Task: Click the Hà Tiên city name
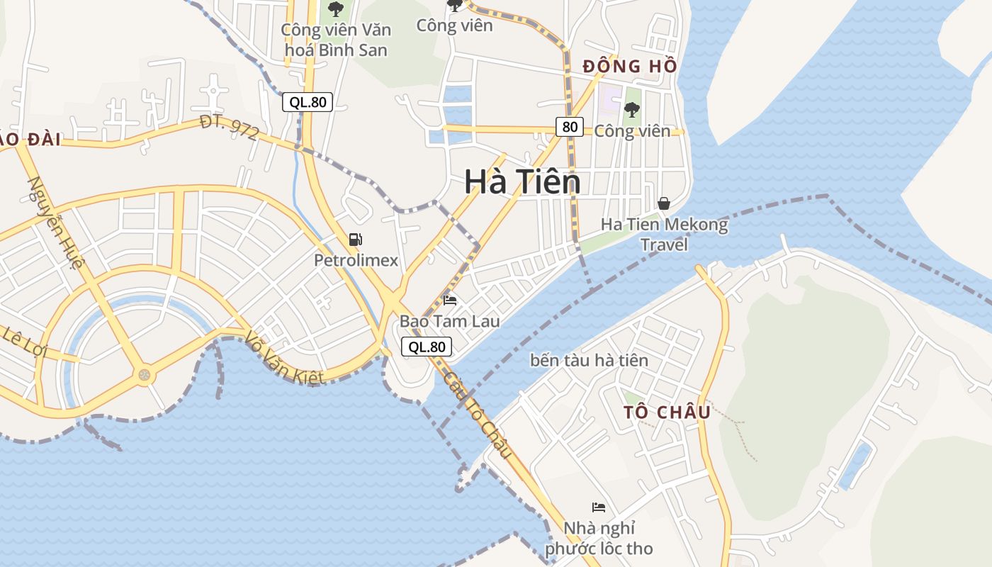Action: coord(522,182)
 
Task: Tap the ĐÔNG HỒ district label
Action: coord(630,67)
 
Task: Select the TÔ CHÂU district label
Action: coord(667,412)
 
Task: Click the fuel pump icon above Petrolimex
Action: coord(356,240)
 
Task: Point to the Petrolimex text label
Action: coord(356,260)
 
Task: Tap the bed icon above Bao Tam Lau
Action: coord(450,301)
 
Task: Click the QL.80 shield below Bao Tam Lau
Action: coord(427,347)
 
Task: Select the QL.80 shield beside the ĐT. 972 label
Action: coord(308,102)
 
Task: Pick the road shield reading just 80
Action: coord(569,127)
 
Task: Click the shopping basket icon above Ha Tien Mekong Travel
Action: coord(664,203)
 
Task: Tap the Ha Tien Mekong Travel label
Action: coord(664,235)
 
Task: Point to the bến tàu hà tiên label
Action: coord(589,360)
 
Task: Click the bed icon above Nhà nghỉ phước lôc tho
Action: coord(599,507)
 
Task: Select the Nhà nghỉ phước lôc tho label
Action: coord(599,538)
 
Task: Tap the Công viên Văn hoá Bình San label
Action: coord(335,40)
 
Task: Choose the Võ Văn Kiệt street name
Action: coord(286,359)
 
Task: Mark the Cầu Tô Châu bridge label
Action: coord(478,414)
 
